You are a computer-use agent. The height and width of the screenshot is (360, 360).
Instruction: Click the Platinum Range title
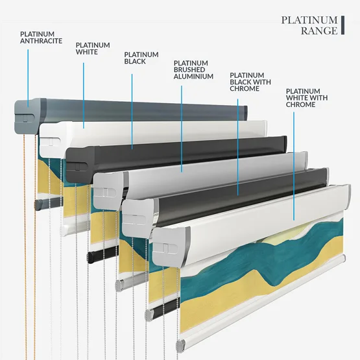[x=309, y=25]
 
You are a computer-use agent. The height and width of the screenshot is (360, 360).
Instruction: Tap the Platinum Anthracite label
[x=41, y=38]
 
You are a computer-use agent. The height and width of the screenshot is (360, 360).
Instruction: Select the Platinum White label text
[x=93, y=49]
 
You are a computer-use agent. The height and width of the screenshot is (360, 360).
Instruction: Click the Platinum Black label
[x=141, y=58]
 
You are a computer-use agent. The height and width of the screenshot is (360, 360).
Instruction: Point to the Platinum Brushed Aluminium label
[x=193, y=70]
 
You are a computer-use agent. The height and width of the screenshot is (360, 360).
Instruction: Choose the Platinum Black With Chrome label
[x=250, y=82]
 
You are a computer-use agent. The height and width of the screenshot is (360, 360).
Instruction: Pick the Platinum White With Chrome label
[x=307, y=98]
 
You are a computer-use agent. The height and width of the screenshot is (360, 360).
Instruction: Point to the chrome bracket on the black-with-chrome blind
[x=138, y=217]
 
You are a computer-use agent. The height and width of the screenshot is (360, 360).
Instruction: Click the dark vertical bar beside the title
[x=342, y=25]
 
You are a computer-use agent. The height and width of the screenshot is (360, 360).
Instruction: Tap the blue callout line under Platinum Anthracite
[x=28, y=78]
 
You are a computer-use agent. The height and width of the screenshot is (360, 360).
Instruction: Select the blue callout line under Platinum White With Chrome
[x=294, y=166]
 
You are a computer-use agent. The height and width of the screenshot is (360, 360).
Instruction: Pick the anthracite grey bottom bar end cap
[x=38, y=204]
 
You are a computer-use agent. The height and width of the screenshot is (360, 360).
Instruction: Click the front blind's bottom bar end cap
[x=180, y=344]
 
